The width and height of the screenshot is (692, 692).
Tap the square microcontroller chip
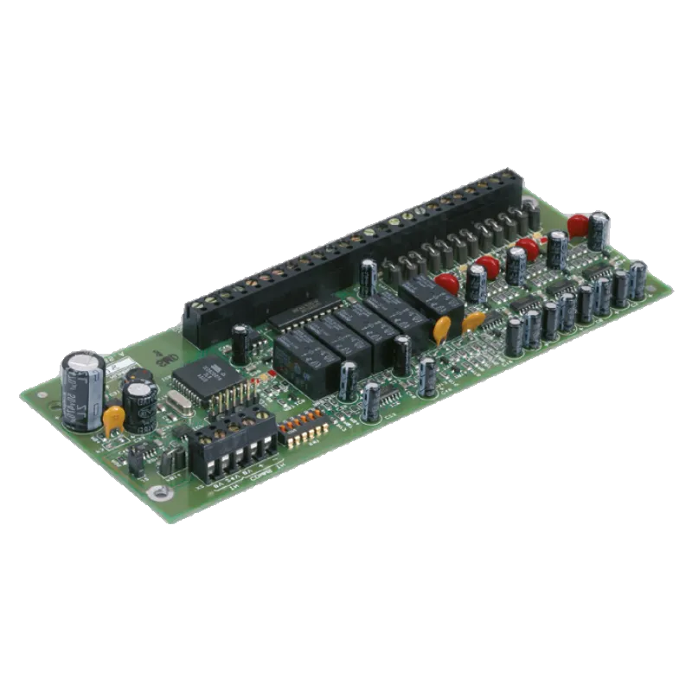tap(203, 379)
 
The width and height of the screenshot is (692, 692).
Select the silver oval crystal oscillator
tap(179, 407)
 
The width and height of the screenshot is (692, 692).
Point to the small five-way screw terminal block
tap(232, 450)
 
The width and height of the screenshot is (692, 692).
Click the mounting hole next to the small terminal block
tap(157, 493)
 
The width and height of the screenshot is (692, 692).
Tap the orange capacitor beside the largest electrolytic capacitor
tap(113, 420)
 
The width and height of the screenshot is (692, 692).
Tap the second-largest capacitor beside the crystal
tap(139, 405)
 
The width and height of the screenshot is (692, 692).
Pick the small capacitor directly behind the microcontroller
tap(240, 343)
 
